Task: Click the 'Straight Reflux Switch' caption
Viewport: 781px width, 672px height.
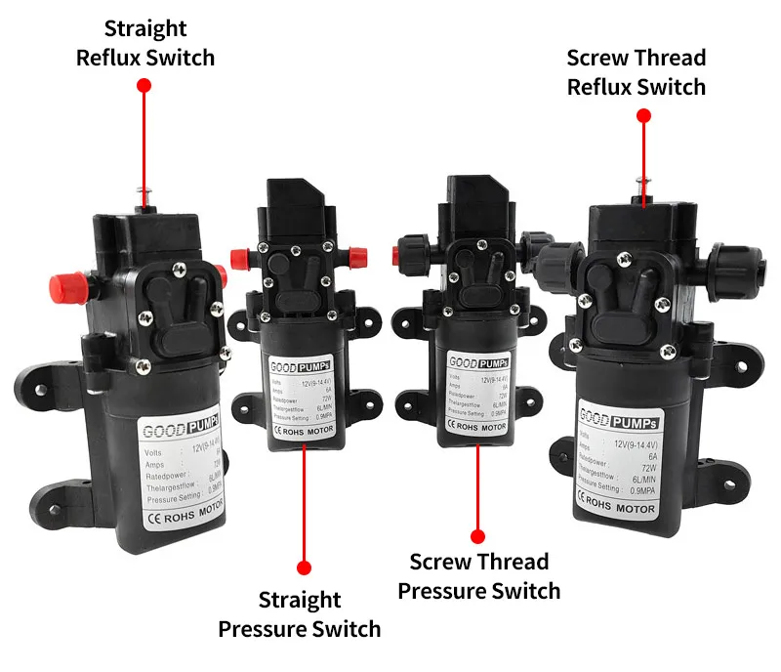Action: pyautogui.click(x=145, y=43)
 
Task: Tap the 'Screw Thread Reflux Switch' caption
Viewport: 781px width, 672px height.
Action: pyautogui.click(x=637, y=72)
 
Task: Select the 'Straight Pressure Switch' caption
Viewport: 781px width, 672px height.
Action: pyautogui.click(x=300, y=613)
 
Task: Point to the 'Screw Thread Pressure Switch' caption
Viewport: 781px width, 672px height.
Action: pyautogui.click(x=479, y=576)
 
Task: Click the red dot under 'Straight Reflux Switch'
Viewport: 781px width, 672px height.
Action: pyautogui.click(x=144, y=86)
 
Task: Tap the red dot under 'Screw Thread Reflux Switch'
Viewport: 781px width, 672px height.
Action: pyautogui.click(x=643, y=115)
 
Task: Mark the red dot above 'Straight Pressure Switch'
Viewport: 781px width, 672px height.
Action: pyautogui.click(x=304, y=567)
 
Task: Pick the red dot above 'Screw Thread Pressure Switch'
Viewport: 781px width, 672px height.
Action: pyautogui.click(x=477, y=535)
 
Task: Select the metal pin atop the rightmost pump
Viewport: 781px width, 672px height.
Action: pyautogui.click(x=640, y=183)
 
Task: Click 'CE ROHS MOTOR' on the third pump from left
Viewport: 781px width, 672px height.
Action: pyautogui.click(x=476, y=426)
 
